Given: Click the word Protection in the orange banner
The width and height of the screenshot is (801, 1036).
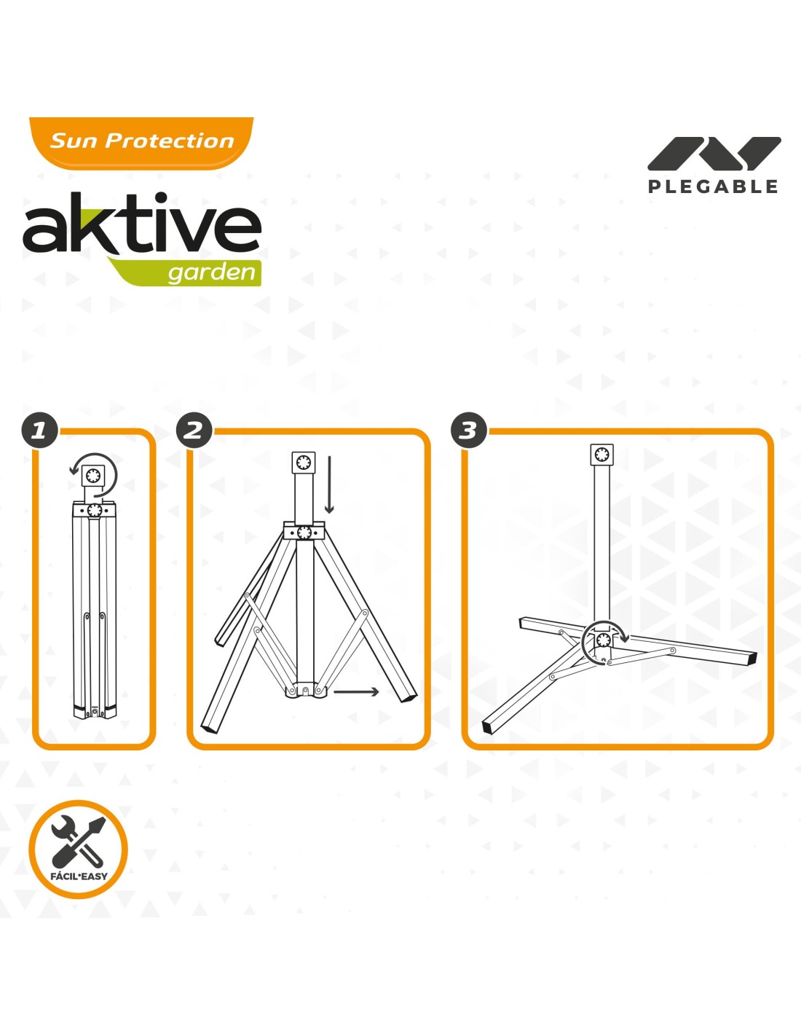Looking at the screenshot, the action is pyautogui.click(x=170, y=141).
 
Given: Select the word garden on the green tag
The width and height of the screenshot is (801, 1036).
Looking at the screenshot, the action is pyautogui.click(x=212, y=273).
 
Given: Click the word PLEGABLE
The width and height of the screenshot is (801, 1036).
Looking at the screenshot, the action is pyautogui.click(x=713, y=187).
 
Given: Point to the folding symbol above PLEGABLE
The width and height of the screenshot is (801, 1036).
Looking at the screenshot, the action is pyautogui.click(x=714, y=154).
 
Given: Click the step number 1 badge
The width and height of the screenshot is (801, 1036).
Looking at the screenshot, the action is pyautogui.click(x=39, y=431).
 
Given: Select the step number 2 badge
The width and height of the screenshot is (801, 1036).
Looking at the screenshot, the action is pyautogui.click(x=194, y=431).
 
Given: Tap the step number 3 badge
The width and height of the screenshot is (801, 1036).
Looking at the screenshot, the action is pyautogui.click(x=469, y=431).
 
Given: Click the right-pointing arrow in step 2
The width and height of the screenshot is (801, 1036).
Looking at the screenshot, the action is pyautogui.click(x=356, y=692).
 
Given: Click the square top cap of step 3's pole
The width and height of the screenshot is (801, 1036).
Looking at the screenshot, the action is pyautogui.click(x=601, y=455).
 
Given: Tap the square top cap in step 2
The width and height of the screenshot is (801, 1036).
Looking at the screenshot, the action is pyautogui.click(x=304, y=463).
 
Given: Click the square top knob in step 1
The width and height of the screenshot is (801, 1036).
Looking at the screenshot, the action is pyautogui.click(x=93, y=476).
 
